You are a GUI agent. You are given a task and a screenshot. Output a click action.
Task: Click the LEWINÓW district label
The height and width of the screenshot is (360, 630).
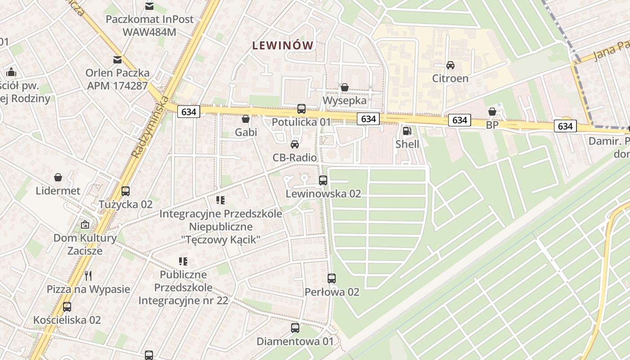click(283, 45)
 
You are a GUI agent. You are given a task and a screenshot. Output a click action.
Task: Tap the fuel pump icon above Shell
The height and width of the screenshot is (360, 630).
click(407, 131)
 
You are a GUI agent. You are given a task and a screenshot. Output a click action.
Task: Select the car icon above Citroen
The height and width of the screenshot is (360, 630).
click(450, 65)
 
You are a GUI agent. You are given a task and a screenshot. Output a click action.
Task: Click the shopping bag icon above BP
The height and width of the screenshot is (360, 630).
click(492, 112)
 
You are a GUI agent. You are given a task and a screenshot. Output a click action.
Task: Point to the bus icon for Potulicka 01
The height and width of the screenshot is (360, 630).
click(301, 109)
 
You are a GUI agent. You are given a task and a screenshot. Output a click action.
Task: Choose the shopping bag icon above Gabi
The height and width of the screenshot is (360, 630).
click(246, 119)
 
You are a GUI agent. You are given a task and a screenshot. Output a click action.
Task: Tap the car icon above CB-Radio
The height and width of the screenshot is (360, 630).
click(295, 144)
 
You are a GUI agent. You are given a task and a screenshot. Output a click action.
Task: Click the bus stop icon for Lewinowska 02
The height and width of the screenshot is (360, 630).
click(323, 180)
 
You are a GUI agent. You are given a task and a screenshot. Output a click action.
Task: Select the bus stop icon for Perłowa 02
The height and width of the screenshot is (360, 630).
click(332, 279)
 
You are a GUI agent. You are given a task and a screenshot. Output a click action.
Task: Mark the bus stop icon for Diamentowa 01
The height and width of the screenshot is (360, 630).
click(295, 328)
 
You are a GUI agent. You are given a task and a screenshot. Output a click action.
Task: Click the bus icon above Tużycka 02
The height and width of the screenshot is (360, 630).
click(126, 191)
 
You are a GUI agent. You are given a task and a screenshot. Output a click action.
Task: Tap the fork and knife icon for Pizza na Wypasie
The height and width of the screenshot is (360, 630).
click(88, 276)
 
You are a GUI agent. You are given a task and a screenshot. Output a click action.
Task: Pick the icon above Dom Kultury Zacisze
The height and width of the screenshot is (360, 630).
click(85, 225)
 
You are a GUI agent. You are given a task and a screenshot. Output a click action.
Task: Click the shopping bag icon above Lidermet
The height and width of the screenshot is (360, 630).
click(58, 177)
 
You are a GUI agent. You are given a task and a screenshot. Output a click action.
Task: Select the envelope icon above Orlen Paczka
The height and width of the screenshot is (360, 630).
click(117, 59)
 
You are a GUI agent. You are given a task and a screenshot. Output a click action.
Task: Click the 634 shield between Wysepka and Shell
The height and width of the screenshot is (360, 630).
click(368, 119)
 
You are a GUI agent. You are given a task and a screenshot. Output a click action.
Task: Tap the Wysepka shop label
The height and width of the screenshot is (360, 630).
click(345, 100)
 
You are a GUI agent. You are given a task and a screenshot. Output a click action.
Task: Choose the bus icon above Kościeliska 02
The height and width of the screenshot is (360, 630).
click(67, 307)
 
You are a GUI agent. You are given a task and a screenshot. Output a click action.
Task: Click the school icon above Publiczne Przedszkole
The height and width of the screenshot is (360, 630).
click(183, 261)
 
